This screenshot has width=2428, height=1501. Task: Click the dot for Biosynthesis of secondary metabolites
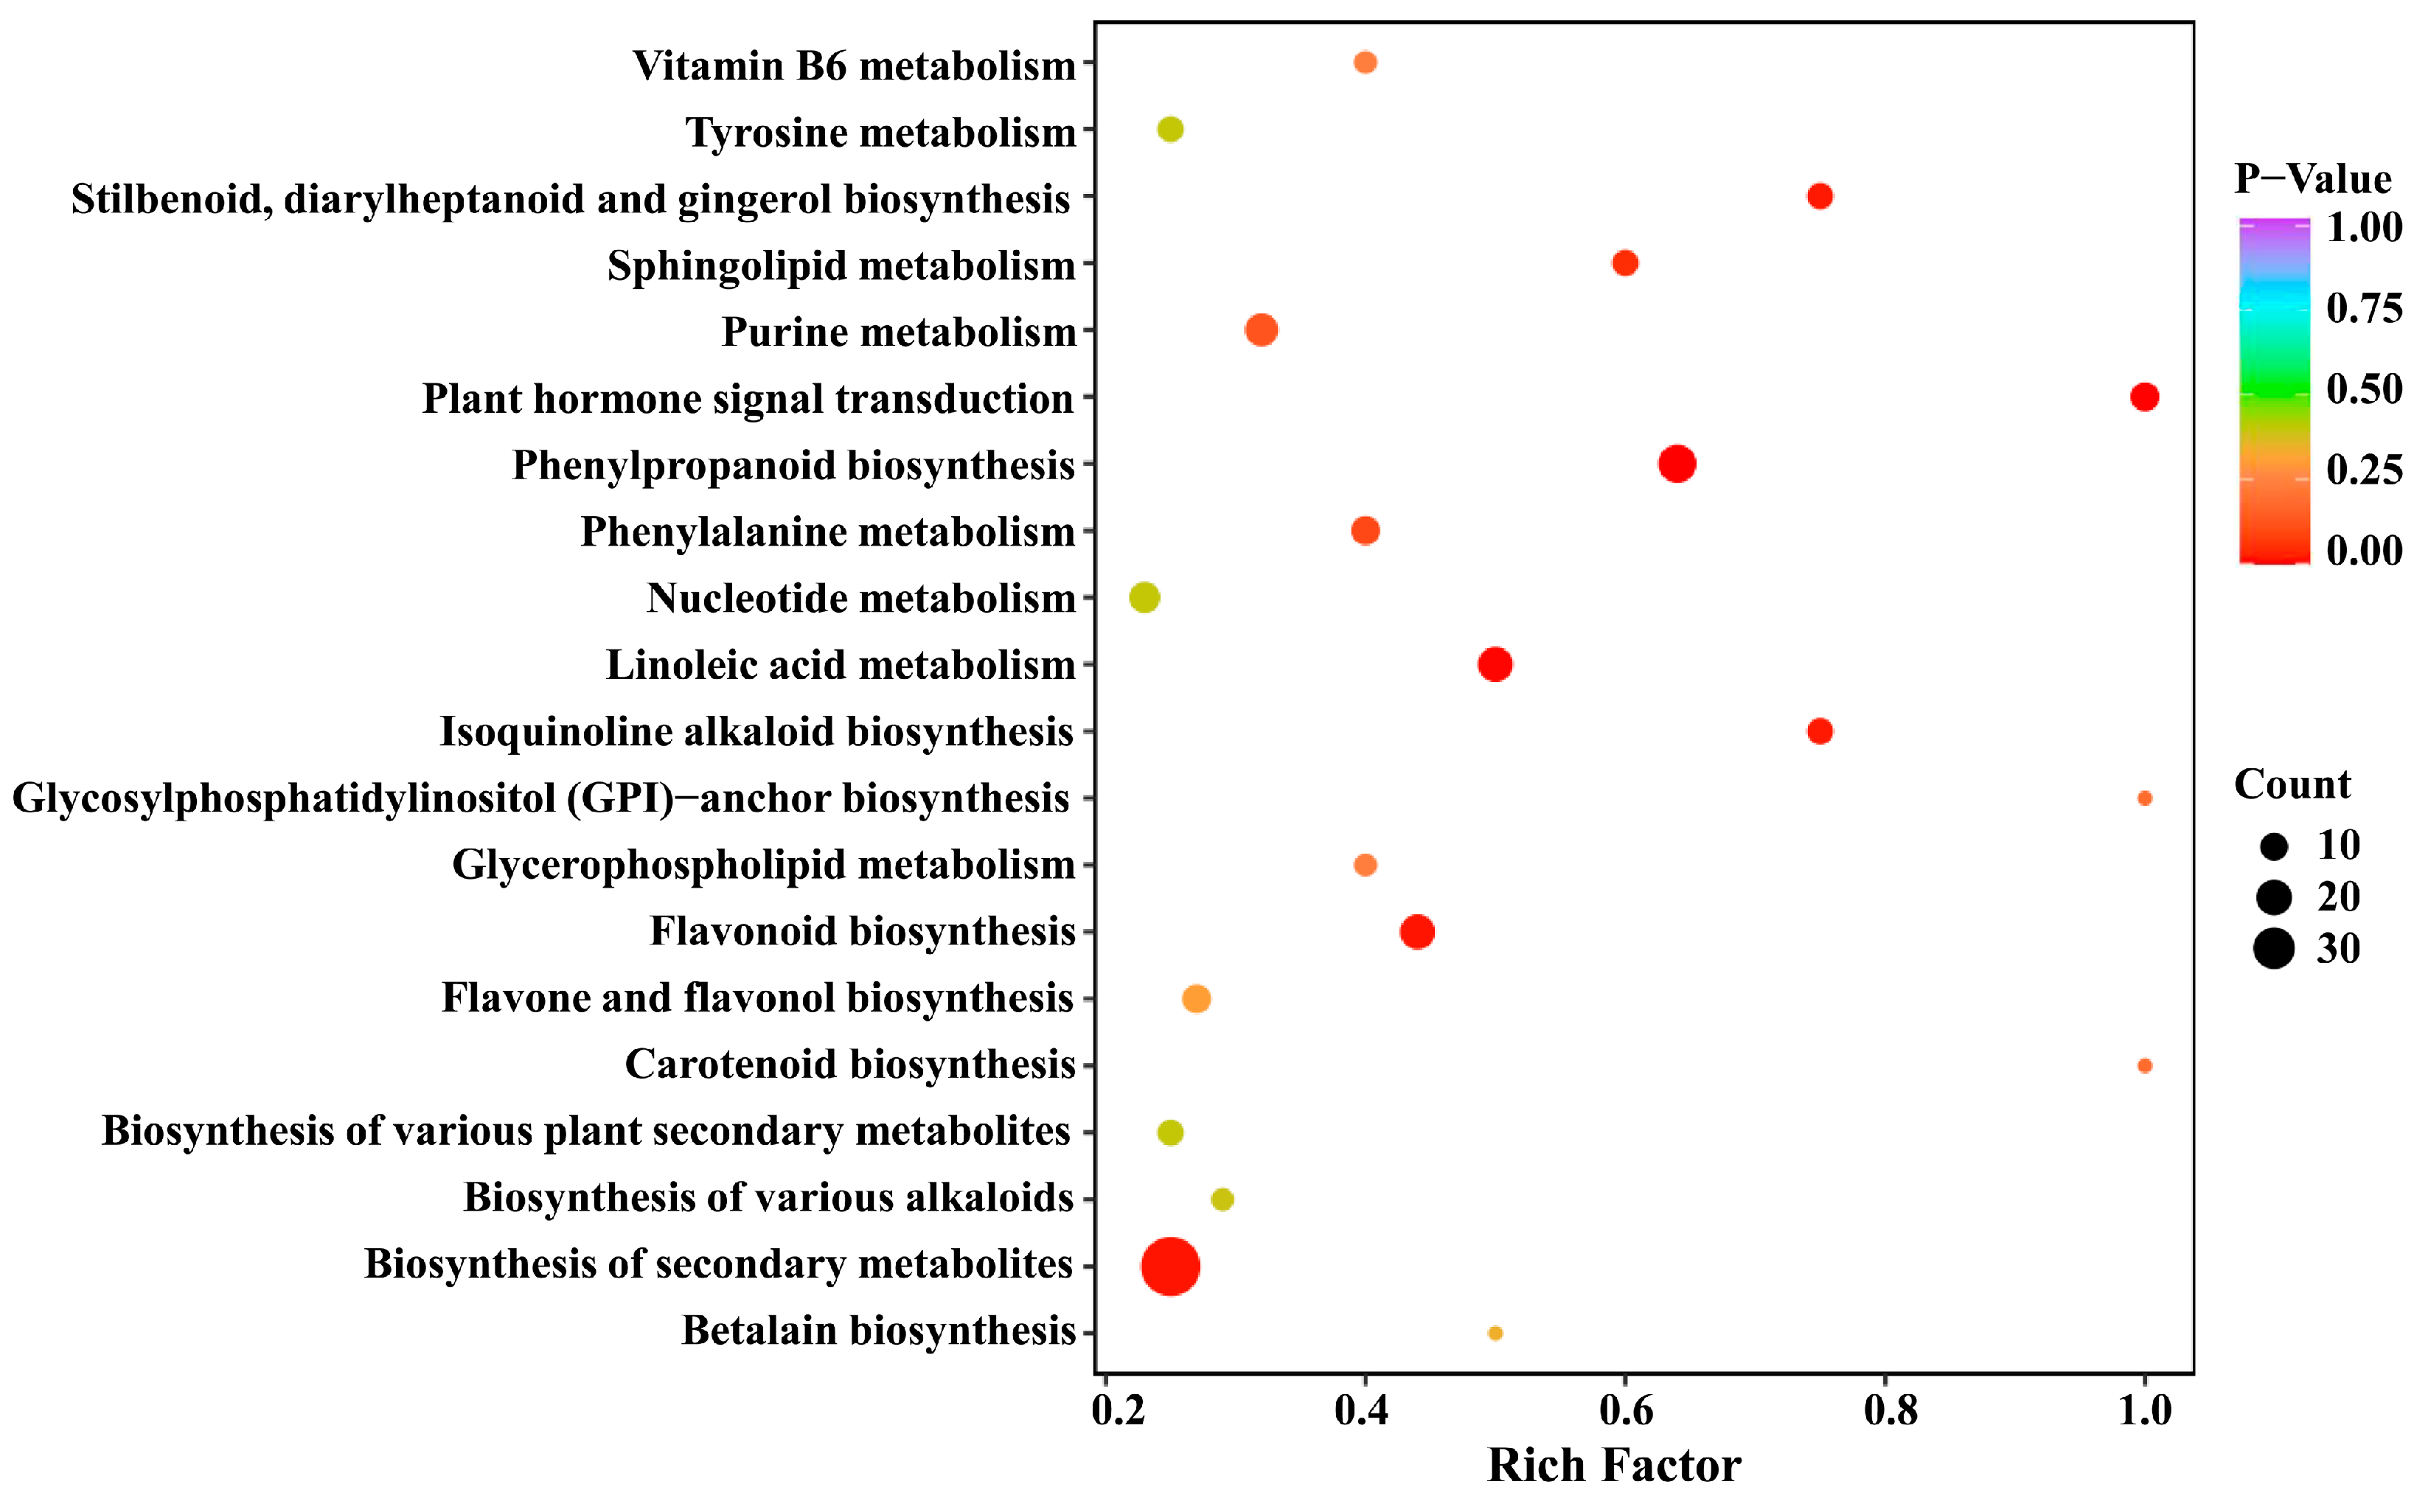click(1170, 1266)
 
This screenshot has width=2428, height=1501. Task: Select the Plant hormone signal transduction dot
click(2144, 397)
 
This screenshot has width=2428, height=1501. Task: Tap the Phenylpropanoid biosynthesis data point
click(1677, 464)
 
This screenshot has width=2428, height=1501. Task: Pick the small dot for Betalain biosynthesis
click(1495, 1332)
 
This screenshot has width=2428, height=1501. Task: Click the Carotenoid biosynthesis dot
click(2144, 1065)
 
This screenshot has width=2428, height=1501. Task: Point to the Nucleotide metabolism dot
click(1144, 598)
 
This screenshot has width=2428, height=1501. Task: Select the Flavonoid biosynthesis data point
click(1416, 931)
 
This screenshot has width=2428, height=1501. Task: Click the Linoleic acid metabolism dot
click(1495, 664)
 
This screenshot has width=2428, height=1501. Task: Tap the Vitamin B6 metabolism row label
click(854, 66)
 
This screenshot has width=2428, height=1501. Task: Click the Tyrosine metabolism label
click(880, 132)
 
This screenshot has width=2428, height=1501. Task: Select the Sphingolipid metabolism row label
click(841, 265)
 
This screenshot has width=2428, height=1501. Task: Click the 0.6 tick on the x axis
click(1626, 1410)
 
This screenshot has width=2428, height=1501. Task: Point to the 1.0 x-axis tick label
click(2144, 1410)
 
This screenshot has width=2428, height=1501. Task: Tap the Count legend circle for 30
click(2273, 948)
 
